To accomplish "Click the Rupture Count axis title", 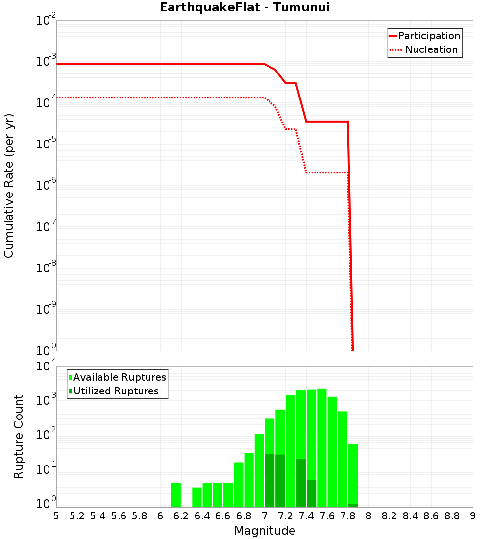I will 19,436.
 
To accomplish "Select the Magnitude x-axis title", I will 265,531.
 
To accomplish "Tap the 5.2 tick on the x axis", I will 77,516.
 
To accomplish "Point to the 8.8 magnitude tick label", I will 452,516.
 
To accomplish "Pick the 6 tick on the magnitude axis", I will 160,516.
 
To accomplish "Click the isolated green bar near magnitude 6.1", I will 176,495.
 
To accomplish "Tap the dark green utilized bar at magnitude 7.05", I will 270,480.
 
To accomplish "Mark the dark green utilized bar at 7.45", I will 312,493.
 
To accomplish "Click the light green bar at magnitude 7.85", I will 353,473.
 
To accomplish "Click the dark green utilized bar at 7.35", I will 301,483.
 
